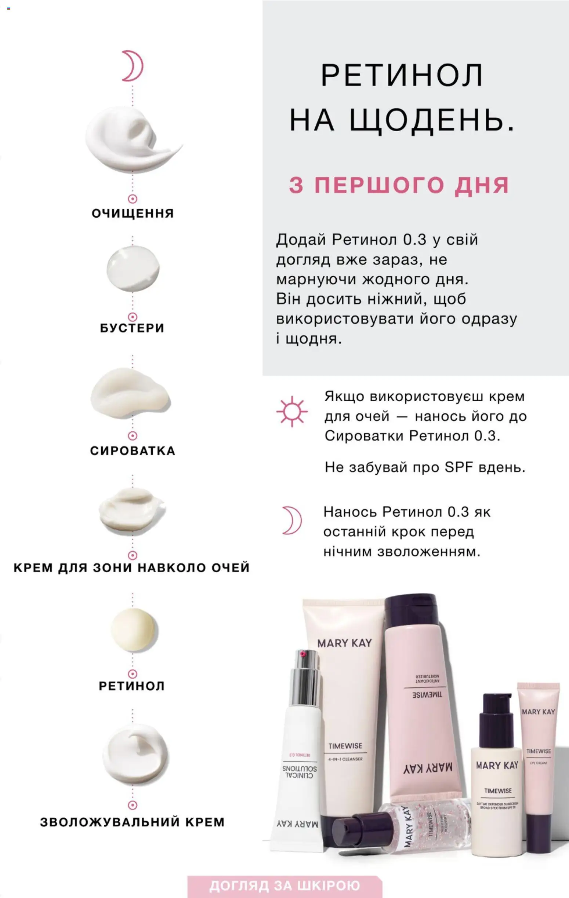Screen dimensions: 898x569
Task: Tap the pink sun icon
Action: [x=292, y=411]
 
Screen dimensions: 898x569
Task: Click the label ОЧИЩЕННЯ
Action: [x=133, y=213]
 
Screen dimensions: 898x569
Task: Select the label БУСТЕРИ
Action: [x=132, y=328]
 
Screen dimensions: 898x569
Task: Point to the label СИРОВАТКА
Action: [x=133, y=450]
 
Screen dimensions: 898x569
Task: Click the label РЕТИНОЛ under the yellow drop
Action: [x=132, y=686]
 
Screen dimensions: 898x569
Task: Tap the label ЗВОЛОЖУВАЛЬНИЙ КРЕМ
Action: [x=132, y=822]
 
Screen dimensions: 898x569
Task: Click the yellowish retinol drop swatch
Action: [x=133, y=630]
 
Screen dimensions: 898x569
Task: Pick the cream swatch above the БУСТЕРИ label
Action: [x=133, y=269]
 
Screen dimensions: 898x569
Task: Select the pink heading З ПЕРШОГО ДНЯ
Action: [x=399, y=185]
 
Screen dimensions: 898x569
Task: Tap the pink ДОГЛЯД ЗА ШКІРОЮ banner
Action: [x=285, y=885]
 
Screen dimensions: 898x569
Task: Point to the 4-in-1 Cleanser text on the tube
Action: [x=345, y=759]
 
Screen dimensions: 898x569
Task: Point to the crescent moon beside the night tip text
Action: [x=292, y=520]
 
